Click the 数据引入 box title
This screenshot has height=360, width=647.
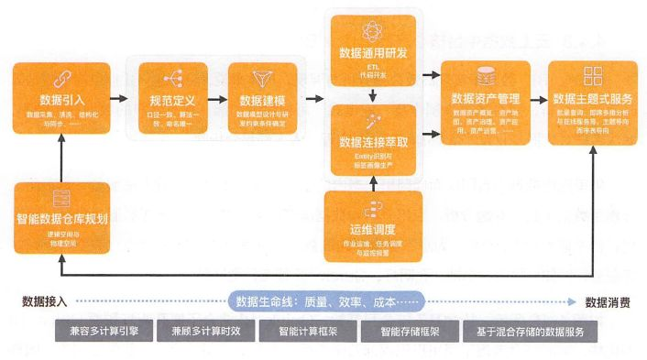(x=61, y=99)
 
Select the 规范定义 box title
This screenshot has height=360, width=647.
(x=170, y=99)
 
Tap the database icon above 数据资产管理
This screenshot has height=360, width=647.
(x=486, y=76)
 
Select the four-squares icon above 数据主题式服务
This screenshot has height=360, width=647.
(x=592, y=76)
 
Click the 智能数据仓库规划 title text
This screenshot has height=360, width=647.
(x=61, y=220)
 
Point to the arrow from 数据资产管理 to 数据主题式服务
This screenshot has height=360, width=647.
(x=540, y=96)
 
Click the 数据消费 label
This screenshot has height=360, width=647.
(x=609, y=301)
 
